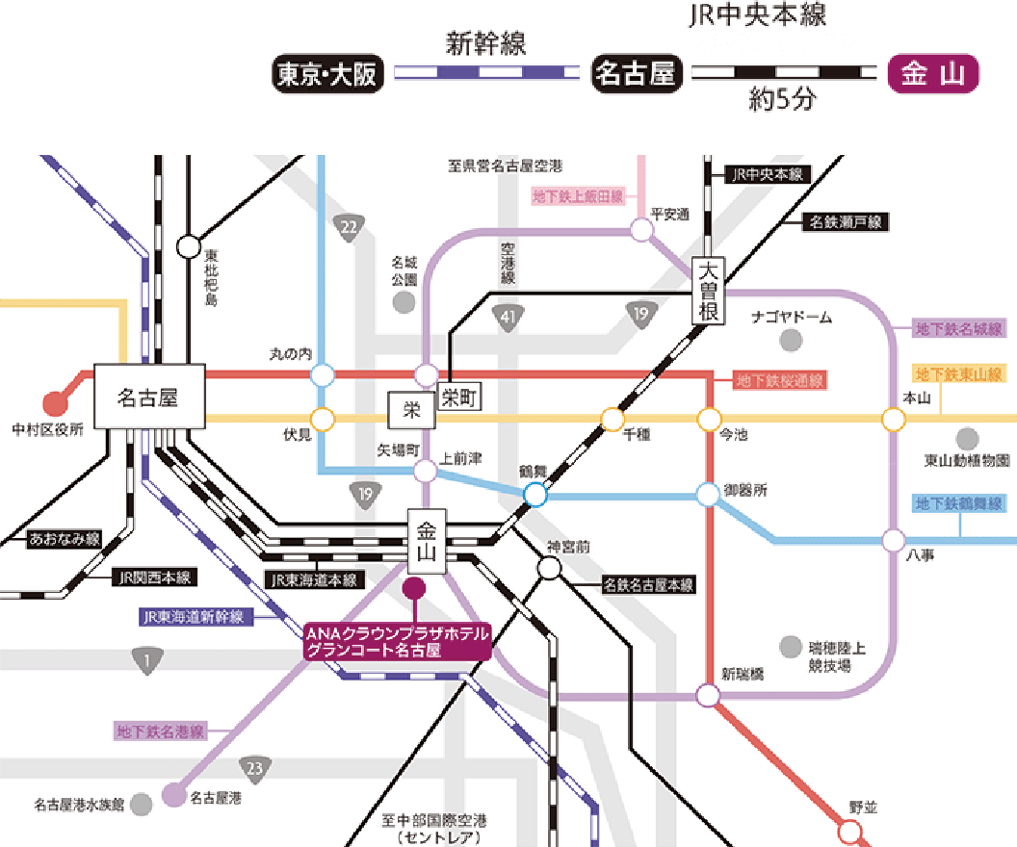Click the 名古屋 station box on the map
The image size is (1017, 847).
click(148, 397)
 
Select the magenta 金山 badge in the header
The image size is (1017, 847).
click(932, 74)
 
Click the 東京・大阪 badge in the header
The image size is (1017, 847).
click(327, 74)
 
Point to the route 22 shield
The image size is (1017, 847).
click(348, 227)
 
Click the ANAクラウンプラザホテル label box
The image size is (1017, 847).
click(398, 641)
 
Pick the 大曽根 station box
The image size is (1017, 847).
click(710, 291)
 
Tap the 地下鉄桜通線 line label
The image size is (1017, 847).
click(780, 380)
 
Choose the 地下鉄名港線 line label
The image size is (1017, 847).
click(160, 731)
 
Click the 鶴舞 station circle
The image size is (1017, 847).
click(535, 495)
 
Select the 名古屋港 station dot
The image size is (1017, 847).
click(172, 796)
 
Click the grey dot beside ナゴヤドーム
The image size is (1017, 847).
click(792, 339)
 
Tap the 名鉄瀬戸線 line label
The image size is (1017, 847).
click(846, 222)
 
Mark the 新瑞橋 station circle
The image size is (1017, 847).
click(709, 695)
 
